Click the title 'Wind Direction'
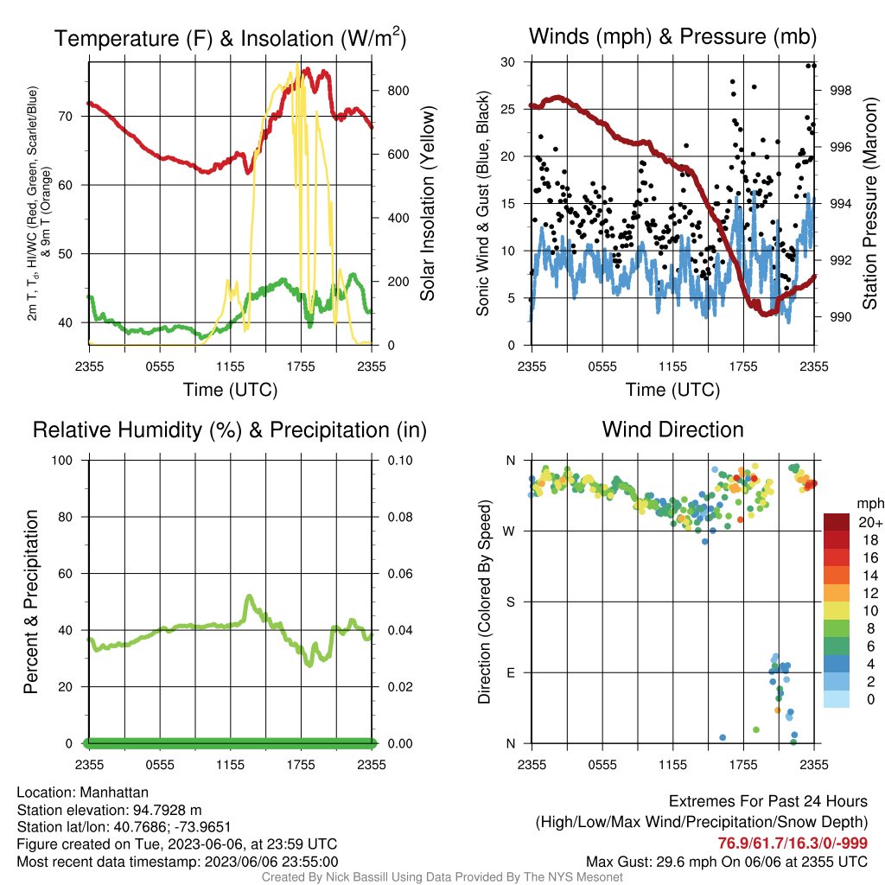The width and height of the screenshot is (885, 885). pyautogui.click(x=672, y=430)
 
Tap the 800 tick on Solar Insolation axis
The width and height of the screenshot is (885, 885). pyautogui.click(x=398, y=90)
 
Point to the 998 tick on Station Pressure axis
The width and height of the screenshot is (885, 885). pyautogui.click(x=840, y=90)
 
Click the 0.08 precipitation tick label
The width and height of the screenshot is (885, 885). pyautogui.click(x=399, y=517)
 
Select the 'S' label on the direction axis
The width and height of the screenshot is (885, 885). pyautogui.click(x=510, y=602)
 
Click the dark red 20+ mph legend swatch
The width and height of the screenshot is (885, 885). pyautogui.click(x=837, y=522)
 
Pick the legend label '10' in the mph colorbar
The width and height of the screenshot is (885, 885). pyautogui.click(x=870, y=611)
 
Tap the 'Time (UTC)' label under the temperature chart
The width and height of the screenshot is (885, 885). pyautogui.click(x=230, y=390)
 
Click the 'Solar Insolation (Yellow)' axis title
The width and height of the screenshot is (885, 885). pyautogui.click(x=427, y=204)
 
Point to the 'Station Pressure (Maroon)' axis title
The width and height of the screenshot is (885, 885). pyautogui.click(x=869, y=203)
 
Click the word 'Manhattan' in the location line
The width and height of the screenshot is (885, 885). pyautogui.click(x=114, y=793)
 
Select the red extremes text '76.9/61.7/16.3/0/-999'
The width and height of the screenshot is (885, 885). pyautogui.click(x=793, y=843)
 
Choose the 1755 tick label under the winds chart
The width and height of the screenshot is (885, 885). pyautogui.click(x=743, y=366)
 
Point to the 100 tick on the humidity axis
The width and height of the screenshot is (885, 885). pyautogui.click(x=62, y=460)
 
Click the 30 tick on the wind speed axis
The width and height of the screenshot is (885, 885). pyautogui.click(x=508, y=62)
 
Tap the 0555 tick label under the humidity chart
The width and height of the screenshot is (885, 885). pyautogui.click(x=160, y=765)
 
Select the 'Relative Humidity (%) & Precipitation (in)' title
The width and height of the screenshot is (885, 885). pyautogui.click(x=230, y=430)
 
